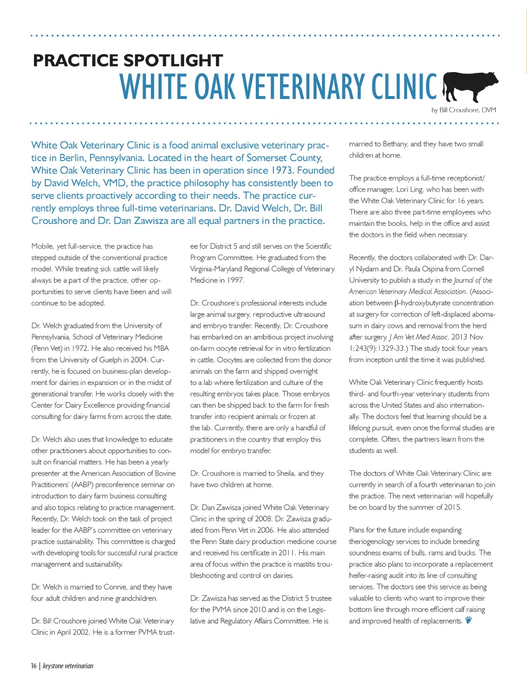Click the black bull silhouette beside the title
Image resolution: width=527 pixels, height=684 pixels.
coord(470,85)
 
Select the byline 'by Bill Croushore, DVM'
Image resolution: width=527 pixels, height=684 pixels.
coord(463,110)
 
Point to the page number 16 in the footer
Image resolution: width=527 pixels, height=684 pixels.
coord(33,666)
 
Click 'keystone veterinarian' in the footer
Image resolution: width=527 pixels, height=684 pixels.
coord(68,666)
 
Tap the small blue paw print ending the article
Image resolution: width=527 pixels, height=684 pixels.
coord(468,620)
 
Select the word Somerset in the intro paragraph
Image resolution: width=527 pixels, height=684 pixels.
coord(266,158)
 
